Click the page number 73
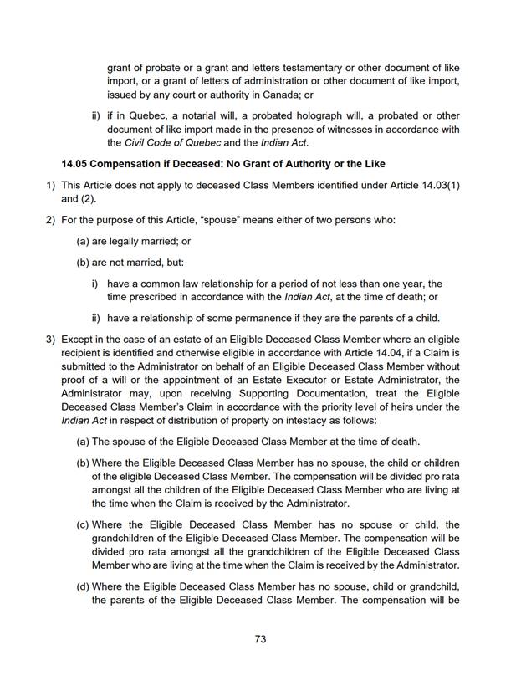click(x=260, y=640)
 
